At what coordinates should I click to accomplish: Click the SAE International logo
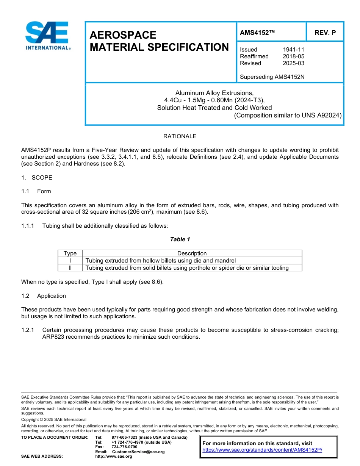[x=47, y=36]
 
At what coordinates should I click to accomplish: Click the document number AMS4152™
[x=257, y=33]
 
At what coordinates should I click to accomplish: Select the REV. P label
[x=325, y=33]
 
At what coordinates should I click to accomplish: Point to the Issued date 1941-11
[x=293, y=50]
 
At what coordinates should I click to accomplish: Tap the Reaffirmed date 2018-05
[x=293, y=56]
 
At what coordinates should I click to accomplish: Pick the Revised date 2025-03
[x=293, y=63]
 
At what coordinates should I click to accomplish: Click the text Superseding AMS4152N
[x=272, y=77]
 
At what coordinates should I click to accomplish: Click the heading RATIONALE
[x=180, y=136]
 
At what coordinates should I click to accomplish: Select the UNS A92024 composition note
[x=288, y=115]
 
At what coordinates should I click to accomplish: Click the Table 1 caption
[x=180, y=239]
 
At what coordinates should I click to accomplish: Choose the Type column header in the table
[x=70, y=253]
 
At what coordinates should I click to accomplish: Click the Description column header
[x=192, y=253]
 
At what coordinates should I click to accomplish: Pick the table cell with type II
[x=70, y=268]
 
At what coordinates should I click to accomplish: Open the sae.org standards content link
[x=262, y=450]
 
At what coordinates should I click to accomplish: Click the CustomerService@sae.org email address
[x=138, y=452]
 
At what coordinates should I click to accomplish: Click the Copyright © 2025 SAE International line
[x=54, y=419]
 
